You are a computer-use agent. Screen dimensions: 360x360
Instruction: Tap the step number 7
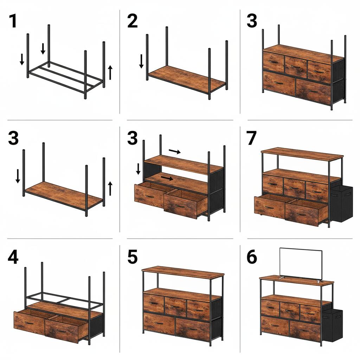point(252,139)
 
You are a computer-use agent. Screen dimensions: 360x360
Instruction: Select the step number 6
point(252,257)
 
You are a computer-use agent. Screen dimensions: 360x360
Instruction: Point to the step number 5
point(132,257)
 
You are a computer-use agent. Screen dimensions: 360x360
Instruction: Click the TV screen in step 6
point(301,263)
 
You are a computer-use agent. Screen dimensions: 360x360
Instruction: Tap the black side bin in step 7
point(341,204)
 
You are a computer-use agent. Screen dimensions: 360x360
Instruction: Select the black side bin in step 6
point(332,325)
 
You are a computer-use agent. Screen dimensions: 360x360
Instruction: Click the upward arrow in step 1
point(110,72)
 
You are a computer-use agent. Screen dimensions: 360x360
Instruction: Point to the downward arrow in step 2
point(141,61)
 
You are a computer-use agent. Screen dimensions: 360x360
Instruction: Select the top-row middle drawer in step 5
point(175,306)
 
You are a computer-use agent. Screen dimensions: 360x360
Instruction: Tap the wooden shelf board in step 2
point(186,78)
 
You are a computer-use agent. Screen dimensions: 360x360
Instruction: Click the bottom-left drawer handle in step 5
point(159,322)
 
